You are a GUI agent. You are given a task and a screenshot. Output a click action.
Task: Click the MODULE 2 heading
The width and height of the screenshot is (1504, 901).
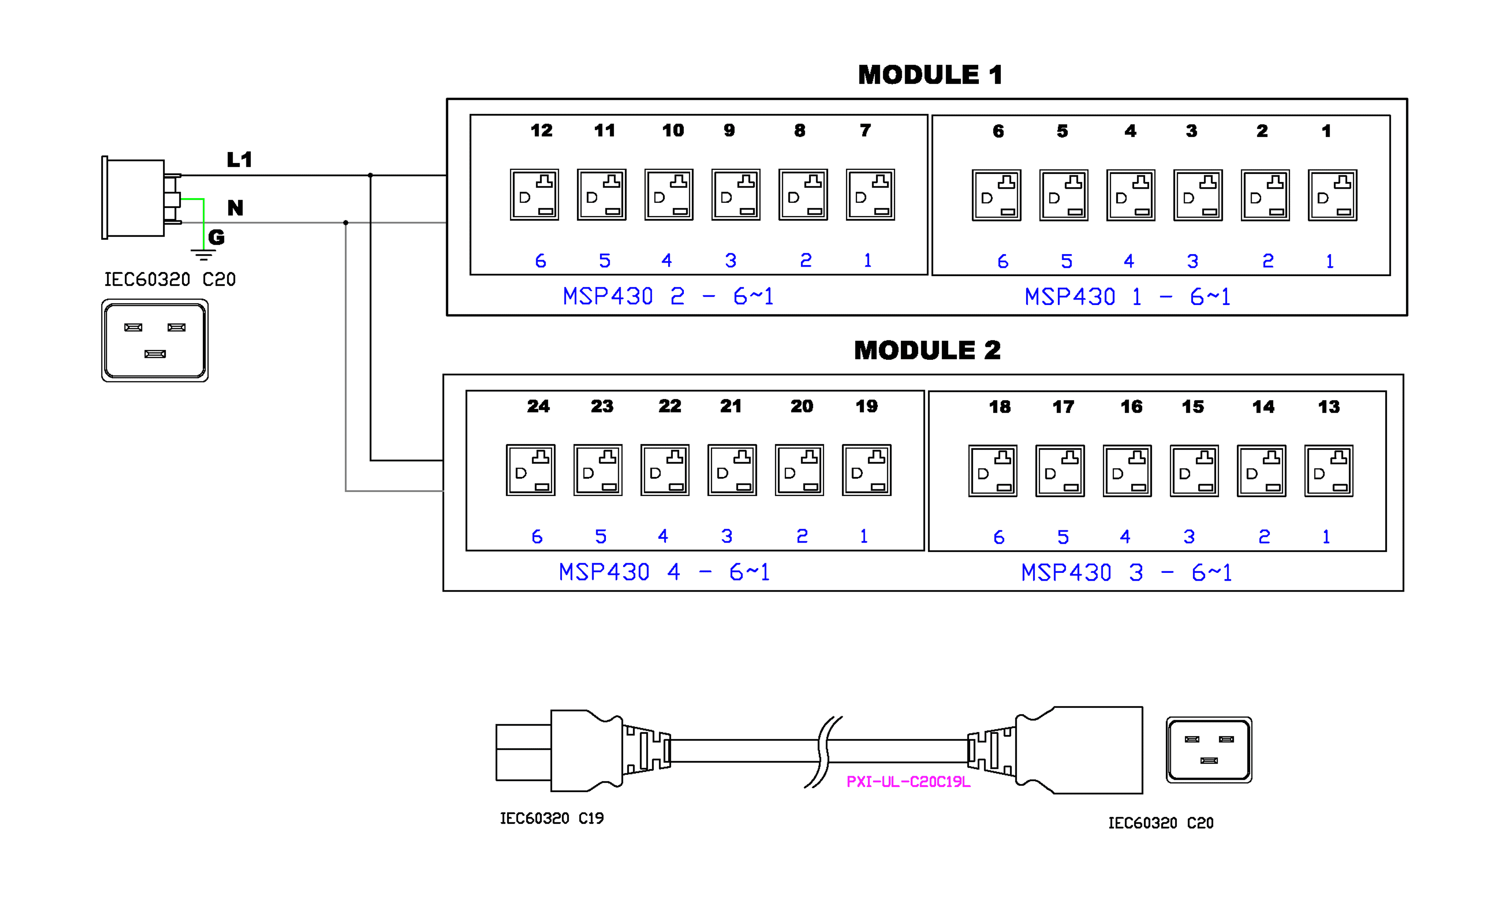click(x=927, y=350)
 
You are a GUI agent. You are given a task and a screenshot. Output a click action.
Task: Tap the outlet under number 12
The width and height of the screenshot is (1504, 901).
click(x=534, y=195)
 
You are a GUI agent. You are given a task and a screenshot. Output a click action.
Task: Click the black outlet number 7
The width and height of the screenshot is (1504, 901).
click(x=865, y=130)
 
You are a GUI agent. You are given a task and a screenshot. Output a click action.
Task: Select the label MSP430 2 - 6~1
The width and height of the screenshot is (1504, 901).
click(x=668, y=296)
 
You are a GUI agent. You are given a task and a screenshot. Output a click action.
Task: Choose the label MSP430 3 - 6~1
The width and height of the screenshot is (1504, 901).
click(x=1126, y=572)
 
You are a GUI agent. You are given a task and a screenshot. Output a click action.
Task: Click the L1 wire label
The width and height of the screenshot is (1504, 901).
click(x=239, y=160)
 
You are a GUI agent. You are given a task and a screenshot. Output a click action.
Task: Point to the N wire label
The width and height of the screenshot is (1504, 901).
click(x=235, y=208)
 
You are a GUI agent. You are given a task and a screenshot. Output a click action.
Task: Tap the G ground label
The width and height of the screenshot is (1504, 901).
click(x=216, y=237)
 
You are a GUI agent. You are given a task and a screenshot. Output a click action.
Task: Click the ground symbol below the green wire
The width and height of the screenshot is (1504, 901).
click(x=203, y=255)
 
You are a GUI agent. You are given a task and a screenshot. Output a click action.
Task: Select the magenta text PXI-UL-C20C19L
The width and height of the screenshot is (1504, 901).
click(x=908, y=782)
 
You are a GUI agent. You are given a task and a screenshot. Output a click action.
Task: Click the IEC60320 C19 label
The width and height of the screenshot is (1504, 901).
click(x=551, y=818)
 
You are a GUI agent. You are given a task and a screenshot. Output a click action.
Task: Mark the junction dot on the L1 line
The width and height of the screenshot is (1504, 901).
click(x=371, y=175)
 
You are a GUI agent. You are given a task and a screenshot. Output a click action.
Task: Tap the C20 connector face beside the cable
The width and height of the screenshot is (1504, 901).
click(x=1208, y=750)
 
